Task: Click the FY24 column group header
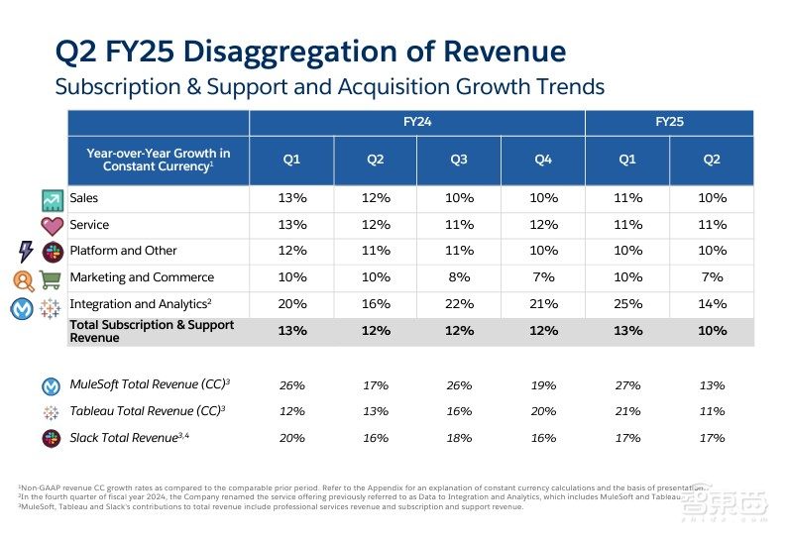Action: coord(417,123)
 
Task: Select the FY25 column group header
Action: coord(669,123)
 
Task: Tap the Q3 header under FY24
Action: coord(459,160)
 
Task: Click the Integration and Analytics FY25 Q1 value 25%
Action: coord(627,304)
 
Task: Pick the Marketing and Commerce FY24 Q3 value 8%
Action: coord(459,277)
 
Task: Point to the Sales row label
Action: coord(84,199)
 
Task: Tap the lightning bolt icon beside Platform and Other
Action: coord(26,252)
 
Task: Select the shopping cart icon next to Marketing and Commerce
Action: coord(51,278)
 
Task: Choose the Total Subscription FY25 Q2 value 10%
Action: coord(712,331)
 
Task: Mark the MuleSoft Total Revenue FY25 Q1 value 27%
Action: coord(627,385)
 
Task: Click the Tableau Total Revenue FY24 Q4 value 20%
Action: coord(543,411)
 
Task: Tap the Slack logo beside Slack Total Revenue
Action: coord(52,438)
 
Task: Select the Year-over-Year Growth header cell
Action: coord(159,160)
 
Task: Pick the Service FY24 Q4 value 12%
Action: coord(543,225)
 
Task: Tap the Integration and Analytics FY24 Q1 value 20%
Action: coord(291,304)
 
